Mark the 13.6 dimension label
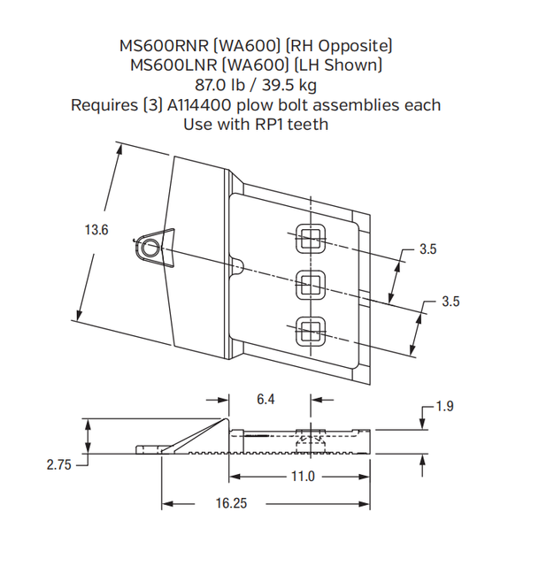[96, 230]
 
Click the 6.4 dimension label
[266, 400]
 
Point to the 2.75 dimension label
[59, 463]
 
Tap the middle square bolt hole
[311, 283]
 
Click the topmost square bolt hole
[311, 237]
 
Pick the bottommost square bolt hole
[311, 330]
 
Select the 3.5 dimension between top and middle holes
[427, 249]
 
